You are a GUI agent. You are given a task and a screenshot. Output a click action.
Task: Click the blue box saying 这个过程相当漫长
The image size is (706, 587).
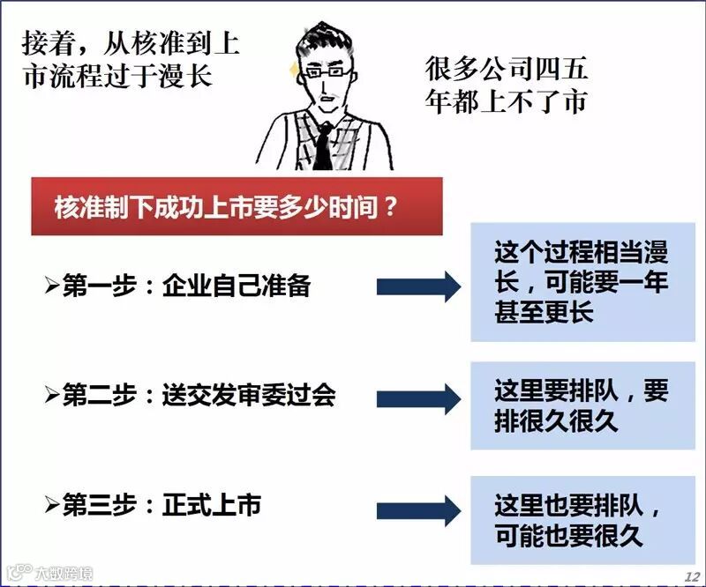582,283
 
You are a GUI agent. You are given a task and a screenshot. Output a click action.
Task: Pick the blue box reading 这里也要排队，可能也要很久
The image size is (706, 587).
582,520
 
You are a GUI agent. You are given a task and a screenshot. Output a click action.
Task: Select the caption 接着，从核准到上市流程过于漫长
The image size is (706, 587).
130,57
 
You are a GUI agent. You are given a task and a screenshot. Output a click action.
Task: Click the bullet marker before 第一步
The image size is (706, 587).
51,287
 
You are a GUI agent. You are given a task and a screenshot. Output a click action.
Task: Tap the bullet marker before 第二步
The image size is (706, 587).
51,397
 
